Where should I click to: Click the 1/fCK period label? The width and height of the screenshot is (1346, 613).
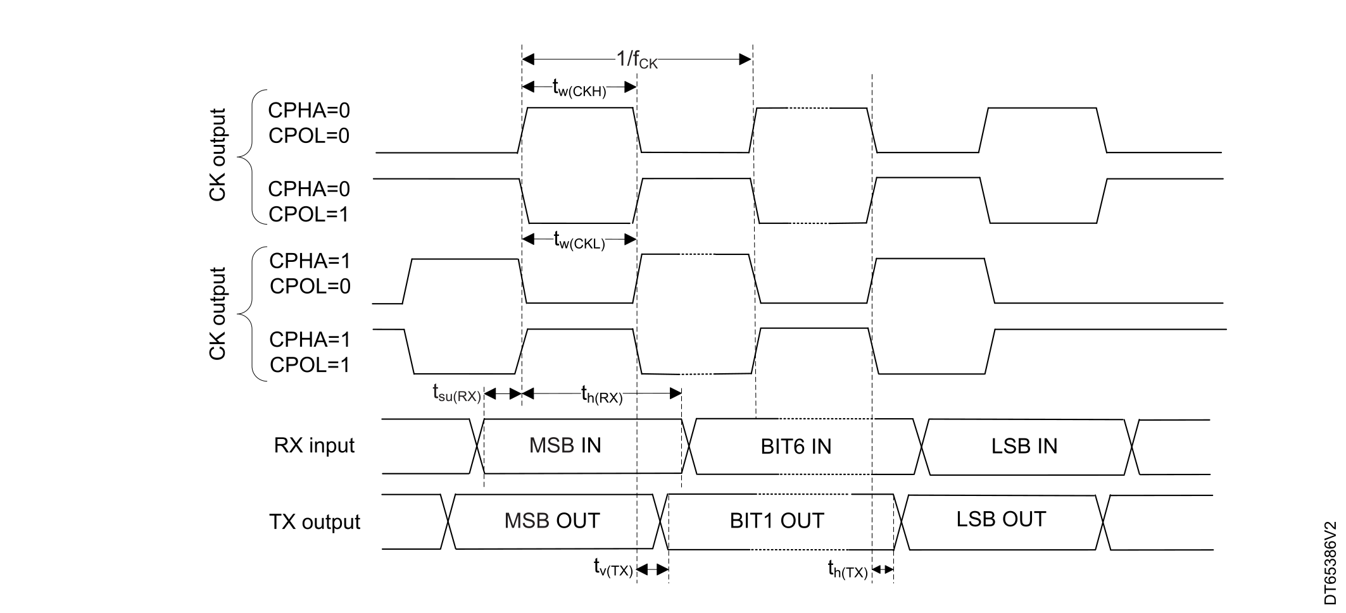pos(637,60)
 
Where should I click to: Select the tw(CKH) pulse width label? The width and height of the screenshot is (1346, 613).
pos(579,88)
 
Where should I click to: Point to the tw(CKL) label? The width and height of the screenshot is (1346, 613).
pos(579,240)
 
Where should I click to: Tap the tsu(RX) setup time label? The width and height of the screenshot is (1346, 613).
pos(456,393)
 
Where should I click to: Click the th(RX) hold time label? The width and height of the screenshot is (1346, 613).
pos(602,395)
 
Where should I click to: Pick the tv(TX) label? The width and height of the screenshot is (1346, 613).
pos(613,569)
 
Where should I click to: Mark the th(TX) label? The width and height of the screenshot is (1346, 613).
pos(848,570)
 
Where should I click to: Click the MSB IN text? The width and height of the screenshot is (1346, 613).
pos(565,445)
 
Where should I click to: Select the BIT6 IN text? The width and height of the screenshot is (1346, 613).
pos(796,447)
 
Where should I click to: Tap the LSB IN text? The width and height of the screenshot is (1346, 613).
pos(1024,446)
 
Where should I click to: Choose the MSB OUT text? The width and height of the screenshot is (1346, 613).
pos(552,521)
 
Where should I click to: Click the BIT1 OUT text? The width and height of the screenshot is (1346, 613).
pos(777,521)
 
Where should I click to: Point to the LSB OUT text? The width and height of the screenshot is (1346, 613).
pos(1001,519)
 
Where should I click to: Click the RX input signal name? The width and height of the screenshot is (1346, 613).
pos(314,445)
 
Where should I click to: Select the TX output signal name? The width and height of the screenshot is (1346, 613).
pos(315,522)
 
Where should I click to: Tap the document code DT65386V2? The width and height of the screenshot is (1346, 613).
pos(1331,563)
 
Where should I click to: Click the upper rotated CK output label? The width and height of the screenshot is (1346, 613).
pos(217,155)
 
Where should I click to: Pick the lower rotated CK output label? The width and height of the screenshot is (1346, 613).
pos(217,314)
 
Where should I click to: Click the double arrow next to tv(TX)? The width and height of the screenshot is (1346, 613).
pos(653,570)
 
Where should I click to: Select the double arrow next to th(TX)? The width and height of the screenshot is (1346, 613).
pos(883,570)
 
